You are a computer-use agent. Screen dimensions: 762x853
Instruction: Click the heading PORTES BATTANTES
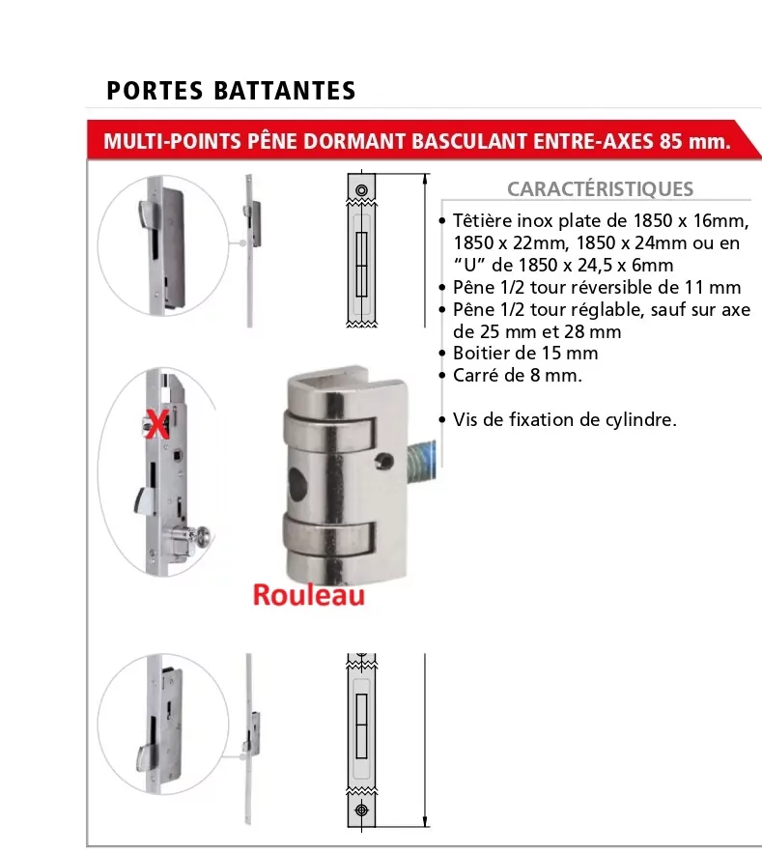(231, 90)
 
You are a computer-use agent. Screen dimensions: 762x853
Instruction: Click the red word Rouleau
(308, 595)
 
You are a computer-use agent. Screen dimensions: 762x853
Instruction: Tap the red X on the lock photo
(157, 425)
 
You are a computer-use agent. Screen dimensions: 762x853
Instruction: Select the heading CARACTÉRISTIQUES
(600, 188)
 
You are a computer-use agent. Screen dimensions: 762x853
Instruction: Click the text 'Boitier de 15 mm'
(525, 353)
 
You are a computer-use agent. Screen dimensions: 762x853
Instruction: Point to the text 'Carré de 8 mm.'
(518, 376)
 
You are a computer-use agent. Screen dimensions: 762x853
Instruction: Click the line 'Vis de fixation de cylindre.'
(565, 419)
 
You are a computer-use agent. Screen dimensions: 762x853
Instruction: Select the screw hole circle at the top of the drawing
(361, 190)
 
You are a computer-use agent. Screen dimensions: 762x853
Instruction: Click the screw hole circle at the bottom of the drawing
(361, 810)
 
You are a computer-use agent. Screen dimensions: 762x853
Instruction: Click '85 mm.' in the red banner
(694, 141)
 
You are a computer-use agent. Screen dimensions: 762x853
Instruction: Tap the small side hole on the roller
(384, 462)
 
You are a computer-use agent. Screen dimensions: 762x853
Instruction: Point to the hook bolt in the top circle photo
(147, 212)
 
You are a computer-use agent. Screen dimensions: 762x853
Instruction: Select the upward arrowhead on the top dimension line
(425, 180)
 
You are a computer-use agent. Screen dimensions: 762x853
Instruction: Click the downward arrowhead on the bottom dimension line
(425, 821)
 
